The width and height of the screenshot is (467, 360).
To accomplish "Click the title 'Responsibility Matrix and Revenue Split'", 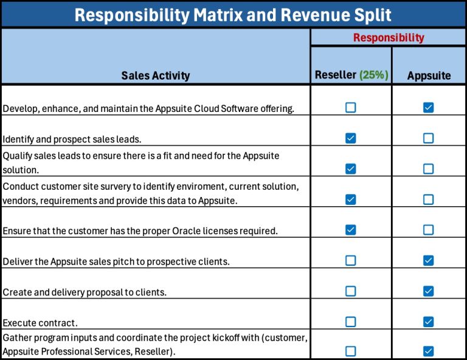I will [233, 14].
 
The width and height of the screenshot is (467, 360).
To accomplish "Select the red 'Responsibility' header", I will [389, 38].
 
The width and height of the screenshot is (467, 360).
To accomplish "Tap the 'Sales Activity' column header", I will [155, 75].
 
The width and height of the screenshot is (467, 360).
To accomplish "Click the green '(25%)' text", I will [374, 75].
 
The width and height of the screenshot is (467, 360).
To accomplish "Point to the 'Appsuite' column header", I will [429, 75].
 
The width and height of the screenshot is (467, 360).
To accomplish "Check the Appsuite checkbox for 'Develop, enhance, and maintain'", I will [429, 108].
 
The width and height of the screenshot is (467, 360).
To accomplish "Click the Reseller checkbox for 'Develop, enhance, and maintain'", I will [350, 108].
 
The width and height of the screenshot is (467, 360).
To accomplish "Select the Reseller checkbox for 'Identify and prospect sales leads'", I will [350, 138].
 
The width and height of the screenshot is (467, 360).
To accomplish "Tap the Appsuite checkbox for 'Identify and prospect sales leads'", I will [429, 138].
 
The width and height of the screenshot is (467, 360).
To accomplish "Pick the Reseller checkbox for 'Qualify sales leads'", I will [350, 168].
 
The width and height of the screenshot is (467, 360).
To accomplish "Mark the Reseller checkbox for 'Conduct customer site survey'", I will [350, 199].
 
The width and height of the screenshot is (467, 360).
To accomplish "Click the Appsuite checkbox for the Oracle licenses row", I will [429, 230].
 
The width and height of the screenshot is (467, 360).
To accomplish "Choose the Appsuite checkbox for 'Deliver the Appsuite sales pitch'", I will [429, 260].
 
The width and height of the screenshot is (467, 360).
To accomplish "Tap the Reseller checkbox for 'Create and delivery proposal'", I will [350, 291].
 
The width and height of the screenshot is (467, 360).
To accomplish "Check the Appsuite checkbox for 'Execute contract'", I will [429, 321].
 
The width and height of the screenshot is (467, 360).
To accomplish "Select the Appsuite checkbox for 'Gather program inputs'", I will [429, 351].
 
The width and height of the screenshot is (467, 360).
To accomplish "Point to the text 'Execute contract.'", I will [40, 323].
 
